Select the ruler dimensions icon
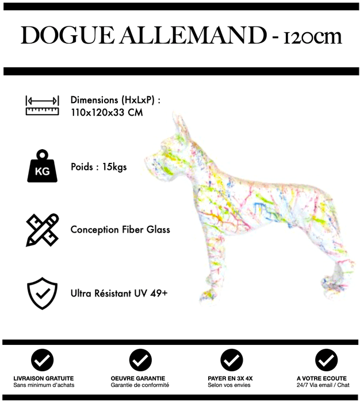tap(42, 105)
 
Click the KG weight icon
tap(42, 167)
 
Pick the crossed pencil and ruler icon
tap(42, 230)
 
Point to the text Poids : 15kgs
tap(98, 168)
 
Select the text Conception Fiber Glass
tap(120, 230)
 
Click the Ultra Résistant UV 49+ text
tap(119, 293)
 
